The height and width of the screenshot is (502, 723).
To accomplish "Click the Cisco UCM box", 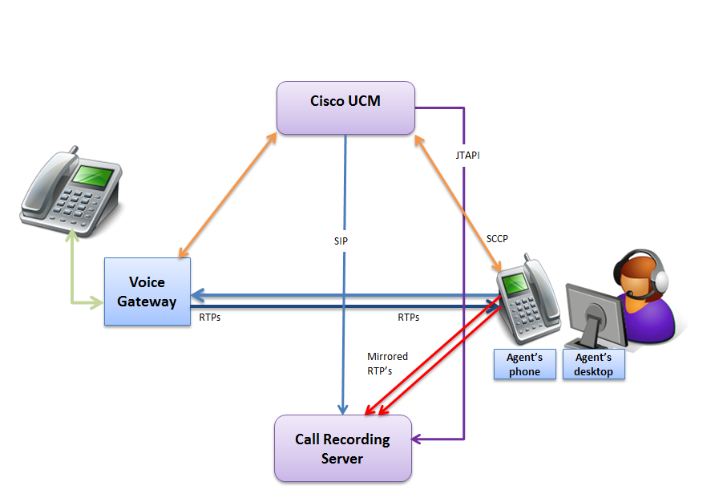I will click(345, 107).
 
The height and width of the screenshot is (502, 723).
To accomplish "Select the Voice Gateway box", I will click(147, 292).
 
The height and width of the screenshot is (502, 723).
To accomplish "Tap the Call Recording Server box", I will click(342, 448).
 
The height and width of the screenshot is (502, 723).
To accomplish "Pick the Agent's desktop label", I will click(593, 364).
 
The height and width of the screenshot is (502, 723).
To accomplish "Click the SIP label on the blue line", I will click(341, 241).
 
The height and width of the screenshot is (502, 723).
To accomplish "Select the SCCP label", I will click(498, 238).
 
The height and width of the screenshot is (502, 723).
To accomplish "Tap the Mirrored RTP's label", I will click(387, 362).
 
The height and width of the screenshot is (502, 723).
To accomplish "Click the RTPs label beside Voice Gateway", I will click(210, 318).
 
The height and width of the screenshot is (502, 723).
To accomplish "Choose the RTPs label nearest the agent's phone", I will click(409, 318).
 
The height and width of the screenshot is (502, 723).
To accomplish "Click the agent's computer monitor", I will click(591, 309).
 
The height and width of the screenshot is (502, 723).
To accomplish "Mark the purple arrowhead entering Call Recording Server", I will click(418, 439).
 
